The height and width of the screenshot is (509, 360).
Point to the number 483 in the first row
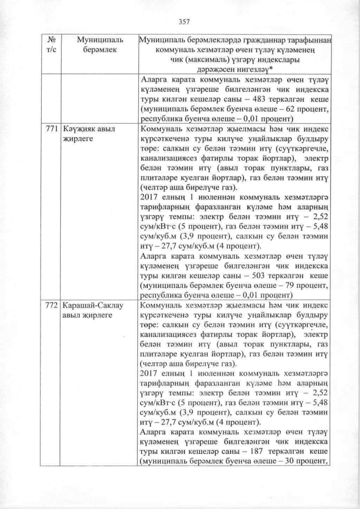point(256,101)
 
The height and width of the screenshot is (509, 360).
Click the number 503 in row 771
point(256,276)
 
